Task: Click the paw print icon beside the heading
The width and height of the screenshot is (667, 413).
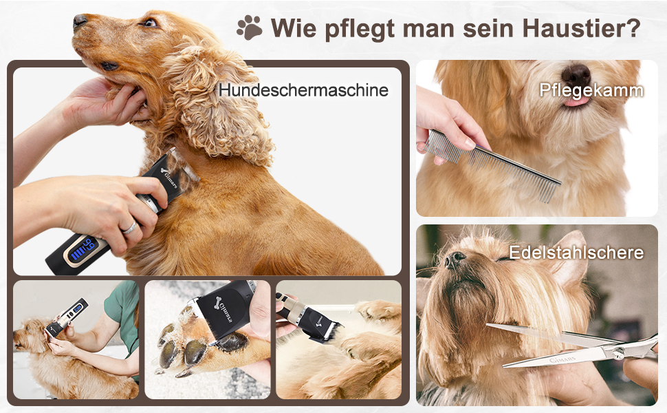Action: coord(250,28)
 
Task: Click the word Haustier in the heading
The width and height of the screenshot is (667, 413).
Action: coord(581,28)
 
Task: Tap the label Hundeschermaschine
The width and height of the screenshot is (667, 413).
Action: coord(303,90)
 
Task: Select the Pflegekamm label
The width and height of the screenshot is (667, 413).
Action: coord(591,90)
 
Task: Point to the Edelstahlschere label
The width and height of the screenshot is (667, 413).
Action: coord(576,253)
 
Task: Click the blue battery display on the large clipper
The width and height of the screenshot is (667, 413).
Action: coord(83,249)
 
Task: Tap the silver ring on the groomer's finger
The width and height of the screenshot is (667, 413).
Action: coord(130,228)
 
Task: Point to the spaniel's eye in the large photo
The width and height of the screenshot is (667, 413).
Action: coord(149,23)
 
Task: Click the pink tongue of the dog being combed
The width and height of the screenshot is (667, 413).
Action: coord(577,101)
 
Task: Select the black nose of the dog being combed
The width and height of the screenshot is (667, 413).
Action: coord(576,75)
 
